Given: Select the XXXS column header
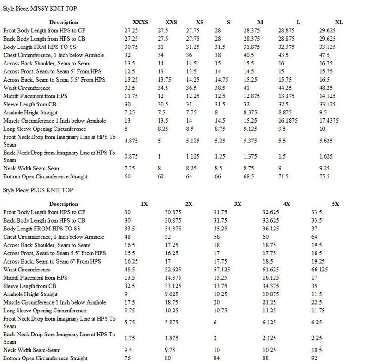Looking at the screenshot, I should [141, 22].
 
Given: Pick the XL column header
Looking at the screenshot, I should [339, 22].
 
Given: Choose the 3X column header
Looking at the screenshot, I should [238, 204].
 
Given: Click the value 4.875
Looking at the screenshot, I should [132, 141].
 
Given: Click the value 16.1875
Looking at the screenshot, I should [289, 121].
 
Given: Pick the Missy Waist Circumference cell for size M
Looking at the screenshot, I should [247, 88].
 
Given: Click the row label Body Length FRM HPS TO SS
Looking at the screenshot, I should [42, 47].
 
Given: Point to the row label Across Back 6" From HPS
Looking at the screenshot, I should [52, 261].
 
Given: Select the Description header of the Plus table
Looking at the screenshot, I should [64, 204].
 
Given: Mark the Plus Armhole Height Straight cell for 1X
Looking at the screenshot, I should [127, 294].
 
